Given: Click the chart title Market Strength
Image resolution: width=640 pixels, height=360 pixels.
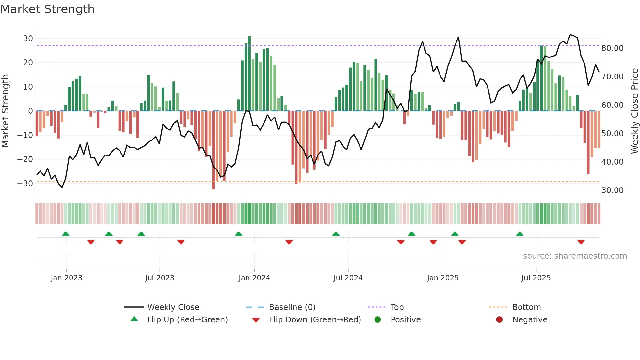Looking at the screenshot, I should pos(47,9).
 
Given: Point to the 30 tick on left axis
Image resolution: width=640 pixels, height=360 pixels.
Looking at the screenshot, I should pos(28,39).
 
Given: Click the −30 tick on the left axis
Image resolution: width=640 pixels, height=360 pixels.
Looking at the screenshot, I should pos(25,183).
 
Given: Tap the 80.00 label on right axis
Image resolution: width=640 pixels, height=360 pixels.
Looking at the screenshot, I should pos(612,48).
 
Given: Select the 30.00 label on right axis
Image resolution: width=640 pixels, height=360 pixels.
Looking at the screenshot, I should pos(612,190).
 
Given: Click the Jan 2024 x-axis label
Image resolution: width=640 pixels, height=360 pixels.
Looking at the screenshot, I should pos(254,278).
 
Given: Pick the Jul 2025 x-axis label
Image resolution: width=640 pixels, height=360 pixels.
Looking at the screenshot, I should pos(536,278).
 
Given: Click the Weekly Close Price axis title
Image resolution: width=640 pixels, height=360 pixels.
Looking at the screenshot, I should pos(634,111).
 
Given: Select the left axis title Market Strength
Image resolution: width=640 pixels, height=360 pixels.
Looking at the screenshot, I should pos(5,111).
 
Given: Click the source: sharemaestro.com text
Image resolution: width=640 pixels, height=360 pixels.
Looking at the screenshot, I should pos(575,256).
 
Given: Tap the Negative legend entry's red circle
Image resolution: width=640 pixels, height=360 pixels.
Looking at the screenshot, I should pos(499,319).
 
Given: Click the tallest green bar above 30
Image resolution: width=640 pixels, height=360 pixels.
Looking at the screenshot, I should pos(249,72).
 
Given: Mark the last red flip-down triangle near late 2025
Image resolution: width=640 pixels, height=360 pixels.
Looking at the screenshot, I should pos(581,242).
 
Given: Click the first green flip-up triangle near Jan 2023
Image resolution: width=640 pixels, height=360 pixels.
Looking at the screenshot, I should pos(66,234).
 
